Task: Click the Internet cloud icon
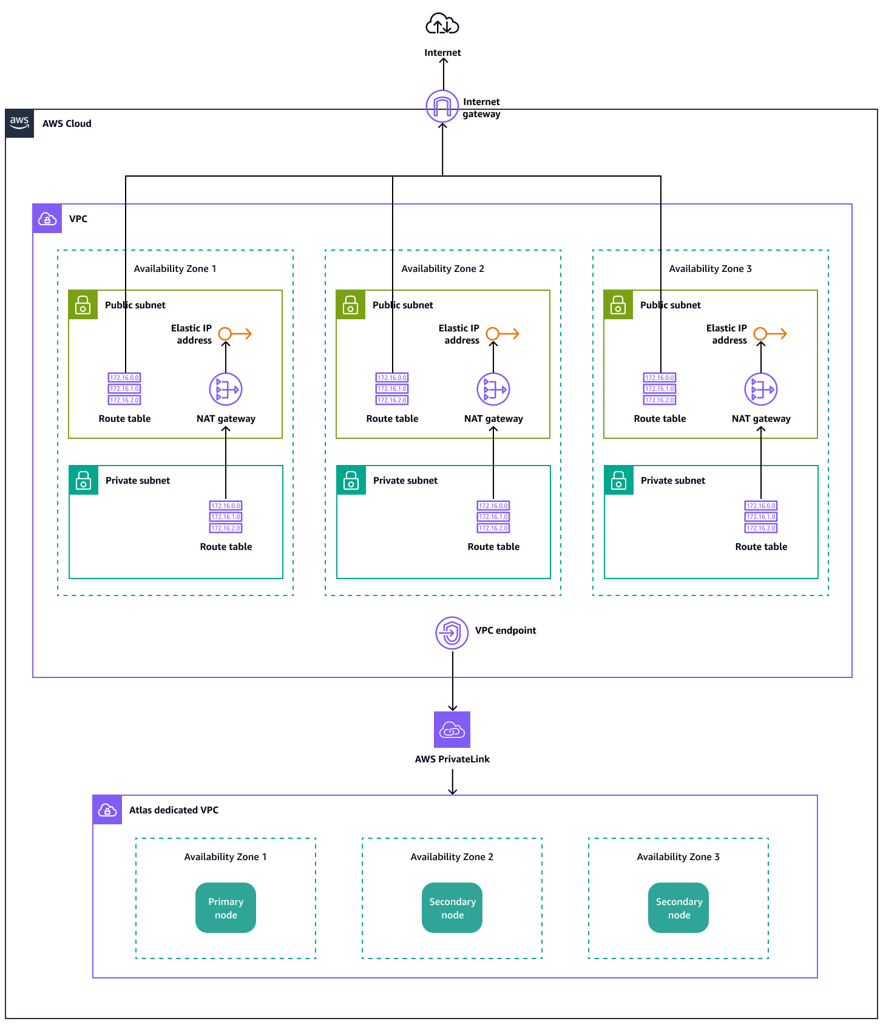coord(442,25)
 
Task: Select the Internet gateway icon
coord(442,106)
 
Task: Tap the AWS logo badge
coord(19,123)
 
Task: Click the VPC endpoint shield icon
coord(452,633)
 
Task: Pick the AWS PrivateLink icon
coord(452,730)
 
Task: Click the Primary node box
coord(226,908)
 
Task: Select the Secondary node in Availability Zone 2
coord(452,908)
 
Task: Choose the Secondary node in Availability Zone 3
coord(678,908)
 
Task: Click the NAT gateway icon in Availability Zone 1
coord(226,389)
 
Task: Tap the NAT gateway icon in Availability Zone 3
coord(761,389)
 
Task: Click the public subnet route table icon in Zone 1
coord(124,388)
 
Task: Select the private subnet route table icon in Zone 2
coord(493,517)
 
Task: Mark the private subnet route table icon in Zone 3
coord(761,517)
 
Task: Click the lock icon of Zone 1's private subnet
coord(84,480)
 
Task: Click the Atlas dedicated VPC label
coord(174,810)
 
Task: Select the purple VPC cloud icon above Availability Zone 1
coord(47,219)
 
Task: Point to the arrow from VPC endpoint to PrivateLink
coord(453,680)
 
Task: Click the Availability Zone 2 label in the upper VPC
coord(442,268)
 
